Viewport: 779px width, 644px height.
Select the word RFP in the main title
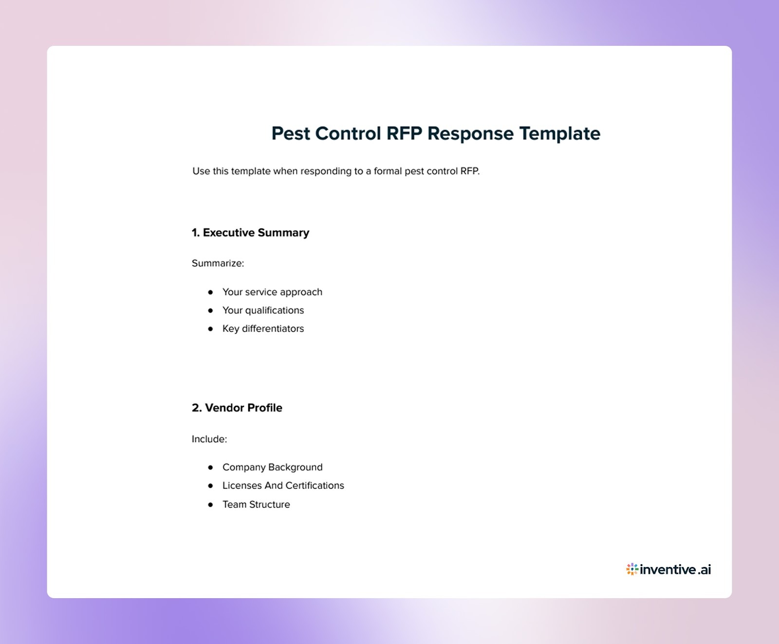click(404, 133)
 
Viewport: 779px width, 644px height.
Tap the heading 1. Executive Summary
click(250, 233)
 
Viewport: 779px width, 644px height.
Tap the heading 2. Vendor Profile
click(237, 408)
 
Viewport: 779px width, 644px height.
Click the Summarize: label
click(218, 264)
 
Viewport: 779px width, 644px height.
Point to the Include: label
click(209, 439)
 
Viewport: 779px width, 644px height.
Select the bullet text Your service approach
click(272, 292)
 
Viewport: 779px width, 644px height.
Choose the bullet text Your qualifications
click(263, 310)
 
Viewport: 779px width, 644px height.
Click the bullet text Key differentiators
click(263, 329)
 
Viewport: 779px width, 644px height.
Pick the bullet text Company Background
click(272, 467)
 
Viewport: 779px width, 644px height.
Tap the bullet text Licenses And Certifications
click(283, 486)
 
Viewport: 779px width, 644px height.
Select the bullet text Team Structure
click(256, 505)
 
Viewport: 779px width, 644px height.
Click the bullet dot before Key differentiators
click(210, 329)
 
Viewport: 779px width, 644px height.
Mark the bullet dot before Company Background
click(210, 467)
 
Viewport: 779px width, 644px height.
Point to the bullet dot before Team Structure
click(210, 505)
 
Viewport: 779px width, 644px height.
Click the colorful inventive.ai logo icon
click(632, 569)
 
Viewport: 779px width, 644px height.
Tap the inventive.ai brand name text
click(675, 569)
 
